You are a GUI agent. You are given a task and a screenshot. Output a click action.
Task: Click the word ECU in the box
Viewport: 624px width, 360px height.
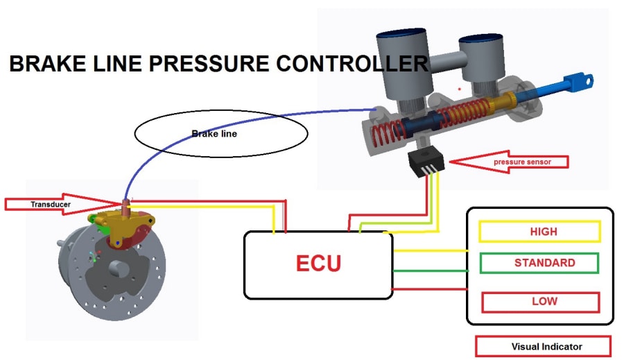[x=318, y=264]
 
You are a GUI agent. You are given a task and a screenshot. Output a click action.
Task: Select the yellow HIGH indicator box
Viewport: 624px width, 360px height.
[x=539, y=232]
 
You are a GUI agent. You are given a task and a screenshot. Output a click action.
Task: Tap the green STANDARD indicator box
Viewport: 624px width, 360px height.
[x=539, y=263]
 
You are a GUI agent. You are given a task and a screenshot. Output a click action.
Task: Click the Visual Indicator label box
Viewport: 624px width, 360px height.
[x=543, y=346]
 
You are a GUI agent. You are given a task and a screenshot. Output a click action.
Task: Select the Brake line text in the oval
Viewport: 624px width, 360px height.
[x=214, y=134]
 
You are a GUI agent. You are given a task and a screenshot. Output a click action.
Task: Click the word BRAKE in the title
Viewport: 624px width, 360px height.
[x=41, y=65]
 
